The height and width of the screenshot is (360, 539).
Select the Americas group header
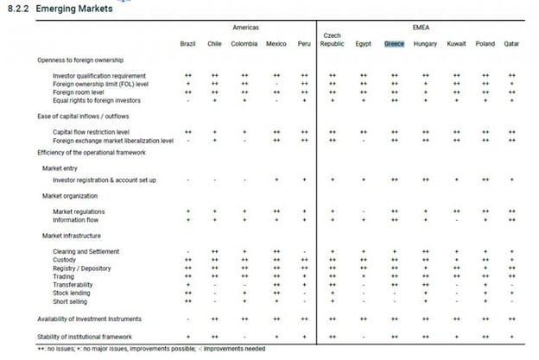245,28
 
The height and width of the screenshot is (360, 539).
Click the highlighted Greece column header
394,43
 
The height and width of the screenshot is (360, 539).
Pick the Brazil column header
187,43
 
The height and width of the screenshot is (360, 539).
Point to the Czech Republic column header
332,40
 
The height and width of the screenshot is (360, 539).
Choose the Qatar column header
512,43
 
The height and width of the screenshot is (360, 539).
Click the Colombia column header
244,43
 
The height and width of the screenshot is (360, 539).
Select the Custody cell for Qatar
512,259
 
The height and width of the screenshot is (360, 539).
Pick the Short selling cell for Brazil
187,301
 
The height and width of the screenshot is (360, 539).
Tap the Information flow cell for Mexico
276,219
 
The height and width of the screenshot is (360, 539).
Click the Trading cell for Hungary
425,276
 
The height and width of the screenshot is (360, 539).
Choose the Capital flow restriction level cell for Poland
485,131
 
